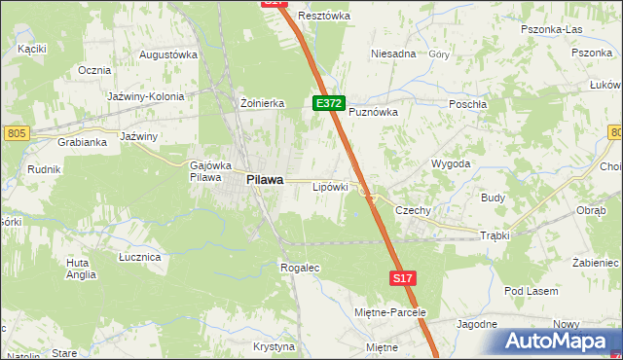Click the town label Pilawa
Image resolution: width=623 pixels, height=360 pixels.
click(265, 179)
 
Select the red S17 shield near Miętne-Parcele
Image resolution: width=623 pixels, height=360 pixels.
click(404, 278)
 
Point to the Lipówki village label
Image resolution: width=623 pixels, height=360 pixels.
click(330, 186)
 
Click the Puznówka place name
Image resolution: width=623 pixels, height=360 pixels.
click(374, 112)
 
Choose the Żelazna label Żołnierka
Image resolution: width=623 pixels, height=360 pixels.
click(261, 102)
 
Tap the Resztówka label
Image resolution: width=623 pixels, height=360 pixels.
click(324, 16)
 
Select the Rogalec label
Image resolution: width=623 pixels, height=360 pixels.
click(300, 267)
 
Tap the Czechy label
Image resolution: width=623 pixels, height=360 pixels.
click(412, 210)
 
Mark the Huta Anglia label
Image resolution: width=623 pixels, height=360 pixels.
click(81, 269)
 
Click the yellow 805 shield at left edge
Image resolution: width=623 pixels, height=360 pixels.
click(15, 132)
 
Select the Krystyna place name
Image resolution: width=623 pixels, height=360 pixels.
click(274, 346)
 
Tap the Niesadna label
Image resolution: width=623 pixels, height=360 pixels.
click(393, 54)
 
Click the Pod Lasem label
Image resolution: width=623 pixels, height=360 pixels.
click(531, 291)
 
